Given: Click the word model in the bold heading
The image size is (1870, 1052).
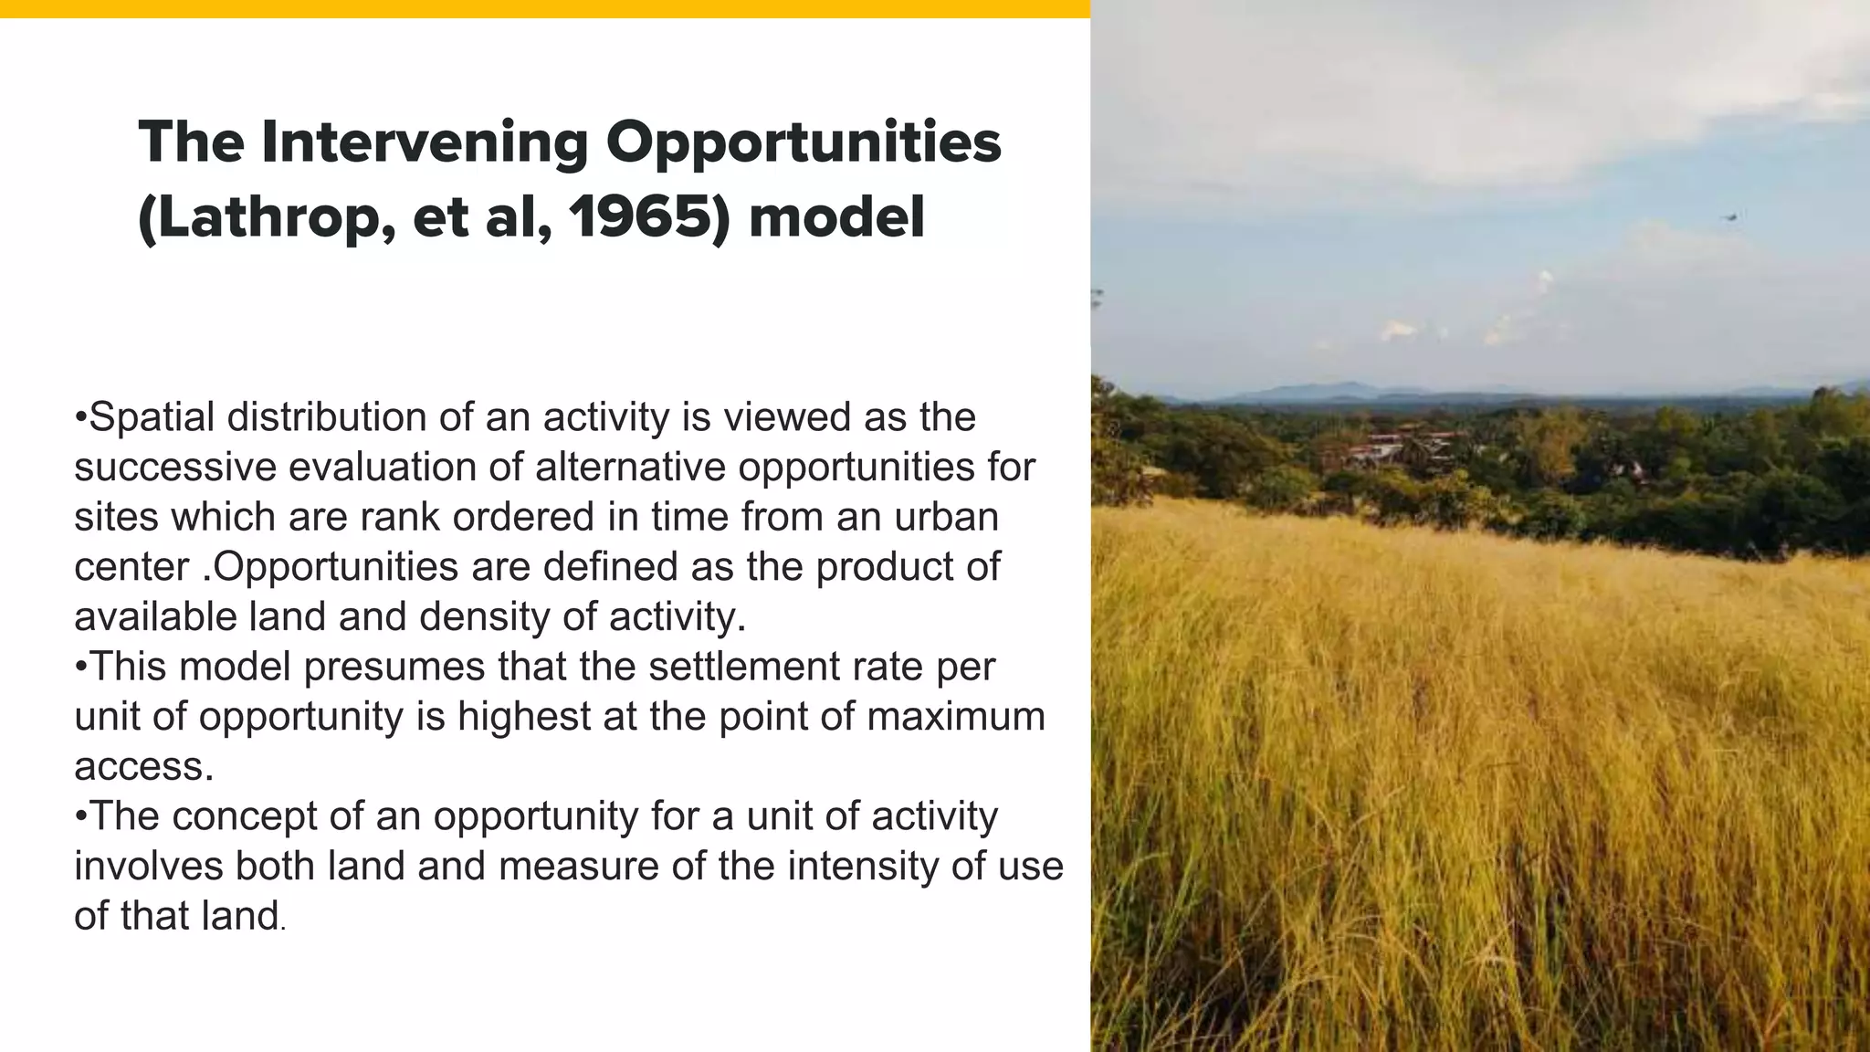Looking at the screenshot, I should (836, 219).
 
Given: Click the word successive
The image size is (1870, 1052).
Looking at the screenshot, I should (174, 468).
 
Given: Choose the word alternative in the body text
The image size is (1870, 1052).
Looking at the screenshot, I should (630, 468).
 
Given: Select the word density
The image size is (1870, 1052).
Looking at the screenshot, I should (484, 617).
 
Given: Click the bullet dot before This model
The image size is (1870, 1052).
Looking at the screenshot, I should (80, 668).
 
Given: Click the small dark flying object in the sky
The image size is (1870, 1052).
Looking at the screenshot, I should (1728, 216).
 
